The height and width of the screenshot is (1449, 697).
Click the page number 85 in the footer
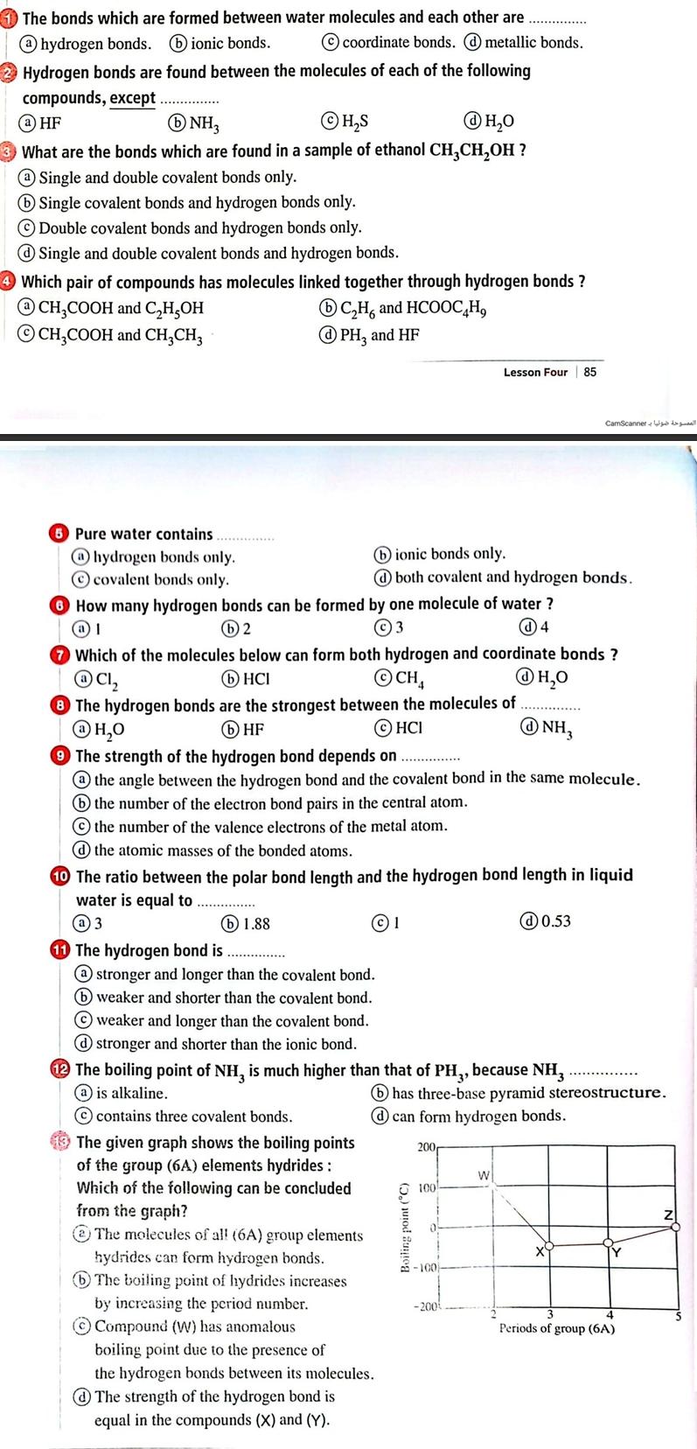pos(590,372)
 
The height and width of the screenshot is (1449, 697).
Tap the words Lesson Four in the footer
pos(535,372)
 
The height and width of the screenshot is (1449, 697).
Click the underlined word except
pos(133,98)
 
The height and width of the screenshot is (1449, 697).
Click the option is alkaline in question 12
pos(131,1093)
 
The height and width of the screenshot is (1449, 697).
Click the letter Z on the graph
pos(668,1214)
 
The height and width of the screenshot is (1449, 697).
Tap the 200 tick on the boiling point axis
pos(426,1145)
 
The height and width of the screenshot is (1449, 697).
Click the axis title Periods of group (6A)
pos(556,1328)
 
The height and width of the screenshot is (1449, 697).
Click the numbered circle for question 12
pos(60,1069)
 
